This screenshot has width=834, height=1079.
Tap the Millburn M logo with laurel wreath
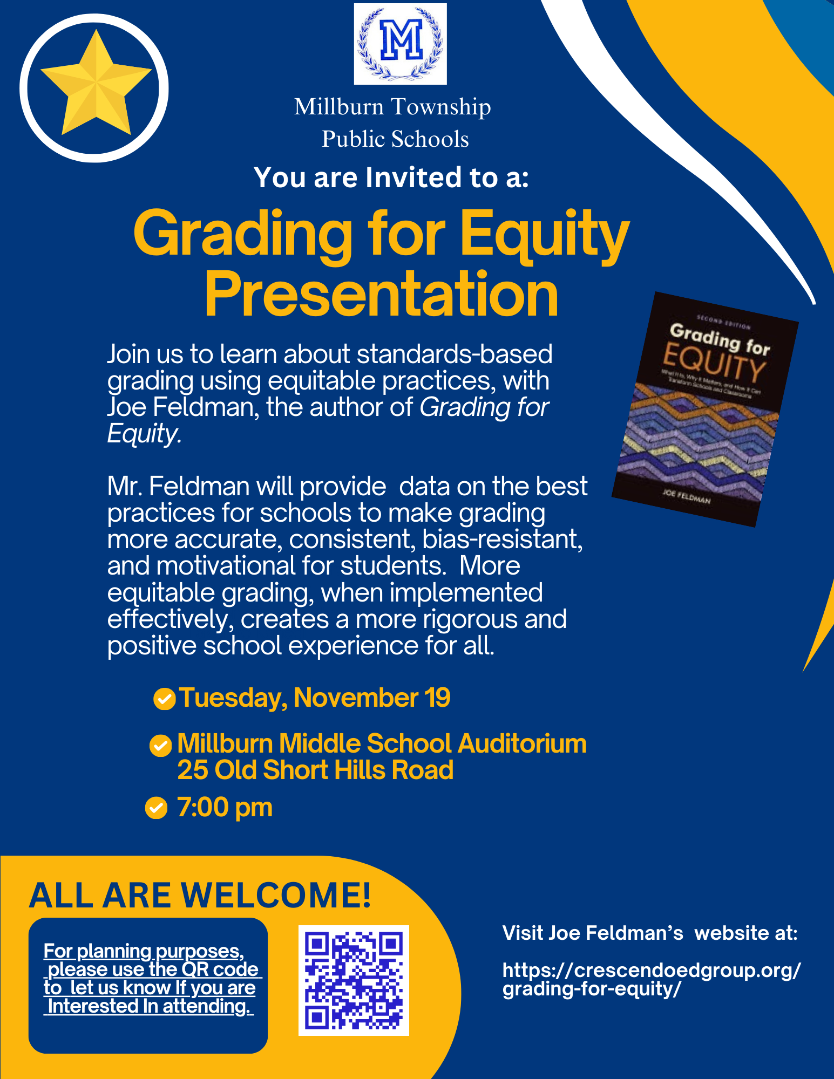click(x=400, y=44)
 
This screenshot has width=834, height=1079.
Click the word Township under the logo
click(x=441, y=107)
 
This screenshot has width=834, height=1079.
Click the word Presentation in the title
click(x=381, y=295)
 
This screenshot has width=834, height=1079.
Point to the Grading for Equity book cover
click(x=704, y=409)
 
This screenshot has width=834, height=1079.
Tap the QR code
click(x=354, y=980)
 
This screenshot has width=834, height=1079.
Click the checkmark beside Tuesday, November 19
click(x=164, y=699)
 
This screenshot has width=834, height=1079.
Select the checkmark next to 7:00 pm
click(x=156, y=808)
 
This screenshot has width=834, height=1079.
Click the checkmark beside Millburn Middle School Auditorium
click(x=160, y=746)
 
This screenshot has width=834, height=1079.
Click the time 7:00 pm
click(x=225, y=808)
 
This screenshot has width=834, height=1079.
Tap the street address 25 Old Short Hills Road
click(x=315, y=770)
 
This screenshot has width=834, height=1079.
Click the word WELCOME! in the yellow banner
click(x=276, y=896)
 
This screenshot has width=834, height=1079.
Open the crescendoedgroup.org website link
click(x=651, y=979)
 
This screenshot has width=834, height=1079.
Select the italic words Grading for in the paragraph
click(x=484, y=407)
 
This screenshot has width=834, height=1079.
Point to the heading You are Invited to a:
click(x=391, y=177)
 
